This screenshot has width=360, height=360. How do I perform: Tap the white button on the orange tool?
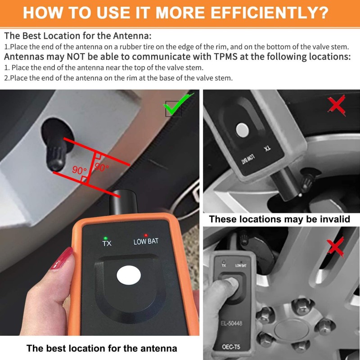coord(129,275)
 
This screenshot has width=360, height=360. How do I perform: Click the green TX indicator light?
coord(105,238)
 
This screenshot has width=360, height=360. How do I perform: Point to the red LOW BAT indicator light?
coord(145,235)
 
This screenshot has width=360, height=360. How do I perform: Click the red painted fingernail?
coord(62,258)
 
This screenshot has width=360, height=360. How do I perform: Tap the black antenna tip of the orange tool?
coord(123,202)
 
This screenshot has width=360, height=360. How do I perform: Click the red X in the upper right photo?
coord(336,106)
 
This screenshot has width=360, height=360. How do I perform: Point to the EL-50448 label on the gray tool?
coord(231,323)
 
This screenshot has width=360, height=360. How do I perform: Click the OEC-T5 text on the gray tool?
coord(231,346)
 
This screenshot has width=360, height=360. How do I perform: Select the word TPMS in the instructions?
coord(226,57)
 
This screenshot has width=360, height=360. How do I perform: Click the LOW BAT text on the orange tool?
coord(146,242)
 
